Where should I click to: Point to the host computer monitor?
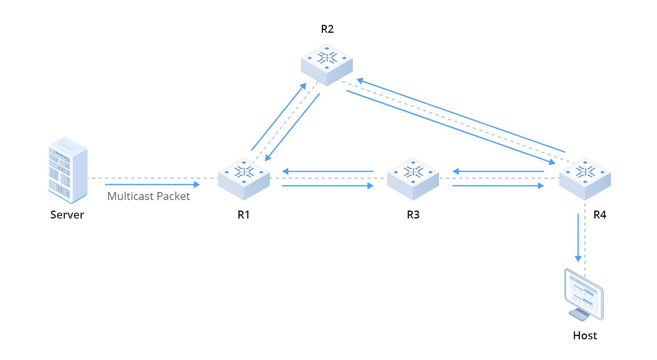(x=584, y=294)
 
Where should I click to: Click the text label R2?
(x=327, y=29)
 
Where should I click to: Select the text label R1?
(x=244, y=215)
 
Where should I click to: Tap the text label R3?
(x=413, y=215)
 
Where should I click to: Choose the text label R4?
(x=600, y=215)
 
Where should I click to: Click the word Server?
(x=67, y=215)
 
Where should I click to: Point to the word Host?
(x=585, y=336)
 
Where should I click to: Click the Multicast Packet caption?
(x=149, y=196)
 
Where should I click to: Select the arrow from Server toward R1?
(x=152, y=184)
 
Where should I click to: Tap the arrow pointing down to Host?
(x=578, y=237)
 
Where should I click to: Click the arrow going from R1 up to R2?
(x=278, y=117)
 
